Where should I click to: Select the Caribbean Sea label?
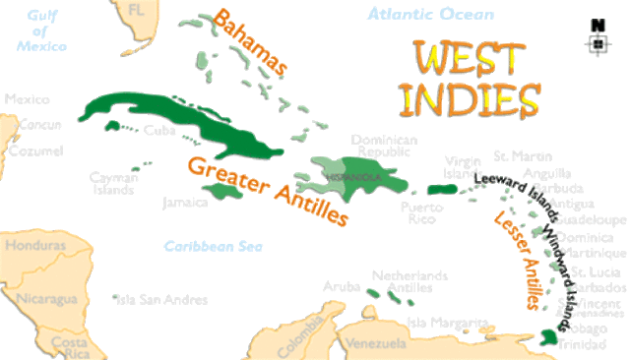pyautogui.click(x=204, y=247)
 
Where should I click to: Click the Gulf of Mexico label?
pyautogui.click(x=41, y=30)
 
